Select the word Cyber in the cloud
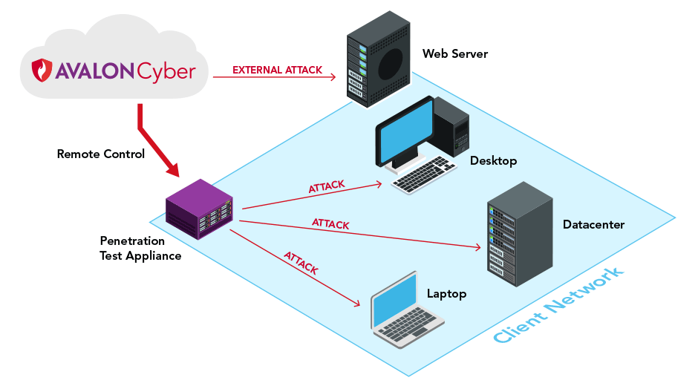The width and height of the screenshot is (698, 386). tap(166, 71)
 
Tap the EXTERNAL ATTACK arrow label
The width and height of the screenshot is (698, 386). tap(277, 71)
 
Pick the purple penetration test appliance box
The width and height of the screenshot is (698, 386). tap(198, 209)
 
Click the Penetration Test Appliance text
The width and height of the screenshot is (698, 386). tap(140, 249)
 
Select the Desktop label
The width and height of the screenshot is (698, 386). tap(493, 161)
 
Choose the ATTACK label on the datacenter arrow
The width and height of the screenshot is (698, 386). tap(330, 223)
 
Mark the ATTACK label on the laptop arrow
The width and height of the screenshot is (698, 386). tap(301, 264)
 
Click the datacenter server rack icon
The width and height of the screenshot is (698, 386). tap(519, 235)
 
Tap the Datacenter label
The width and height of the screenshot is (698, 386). tap(593, 224)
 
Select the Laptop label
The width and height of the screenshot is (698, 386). tap(446, 294)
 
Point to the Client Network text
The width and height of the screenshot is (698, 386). tap(558, 307)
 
